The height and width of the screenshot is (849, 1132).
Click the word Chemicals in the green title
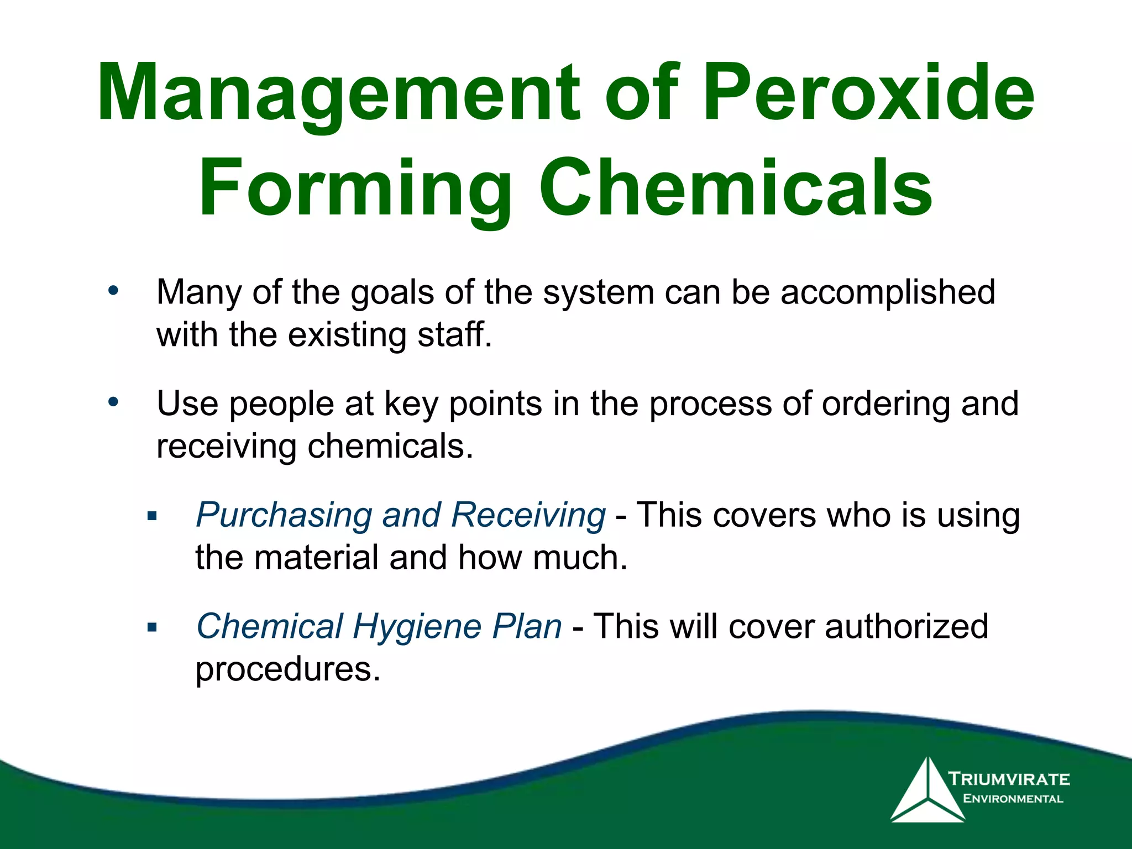(736, 188)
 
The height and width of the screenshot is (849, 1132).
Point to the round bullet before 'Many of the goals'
(113, 290)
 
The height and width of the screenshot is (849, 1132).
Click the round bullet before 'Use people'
(113, 402)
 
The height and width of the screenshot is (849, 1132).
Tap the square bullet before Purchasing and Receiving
(153, 517)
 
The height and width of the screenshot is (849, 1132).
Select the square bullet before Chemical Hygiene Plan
(153, 628)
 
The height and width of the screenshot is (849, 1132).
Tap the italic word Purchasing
(284, 515)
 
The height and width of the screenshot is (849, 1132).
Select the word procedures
(287, 669)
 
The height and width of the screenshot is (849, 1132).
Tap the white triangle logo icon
(927, 793)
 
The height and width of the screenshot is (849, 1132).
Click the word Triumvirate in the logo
(1009, 779)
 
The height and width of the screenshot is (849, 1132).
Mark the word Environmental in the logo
(1013, 799)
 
